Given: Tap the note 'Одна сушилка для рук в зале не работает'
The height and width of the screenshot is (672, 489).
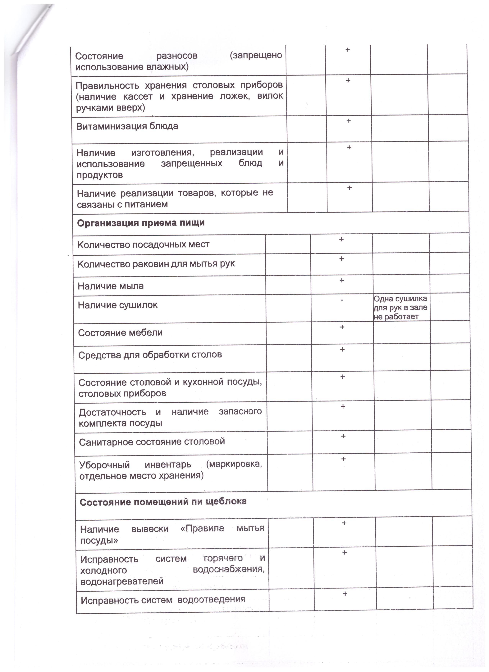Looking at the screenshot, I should pos(400,307).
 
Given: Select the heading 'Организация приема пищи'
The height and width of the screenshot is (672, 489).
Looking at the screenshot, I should pos(141,223).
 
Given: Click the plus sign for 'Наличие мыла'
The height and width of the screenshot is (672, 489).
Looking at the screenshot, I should pos(342,280).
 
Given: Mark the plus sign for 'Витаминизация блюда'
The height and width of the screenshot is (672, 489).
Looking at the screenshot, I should pos(349,121).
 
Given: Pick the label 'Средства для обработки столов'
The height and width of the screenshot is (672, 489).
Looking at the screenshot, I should pos(150,355).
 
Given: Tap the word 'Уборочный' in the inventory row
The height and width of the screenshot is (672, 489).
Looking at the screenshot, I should pos(104,465).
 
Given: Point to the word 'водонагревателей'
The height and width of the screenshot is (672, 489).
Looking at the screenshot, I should pos(122,581).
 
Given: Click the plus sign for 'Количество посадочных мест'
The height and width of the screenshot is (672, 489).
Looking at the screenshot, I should pos(341,239).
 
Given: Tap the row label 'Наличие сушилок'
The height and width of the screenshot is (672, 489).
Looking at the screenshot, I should pos(118,305).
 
